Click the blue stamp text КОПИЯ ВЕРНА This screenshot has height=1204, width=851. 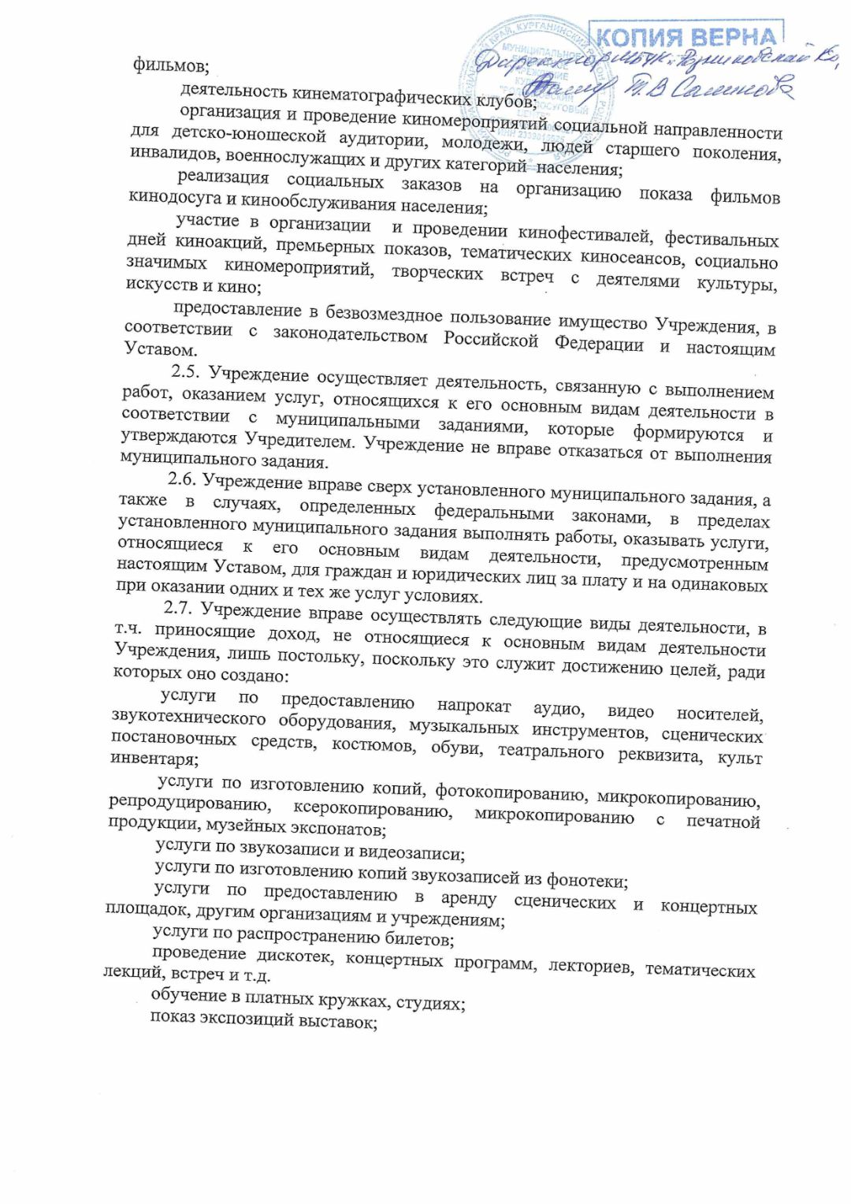pos(686,37)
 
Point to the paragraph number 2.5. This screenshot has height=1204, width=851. pos(186,371)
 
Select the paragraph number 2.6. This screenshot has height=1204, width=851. pos(181,479)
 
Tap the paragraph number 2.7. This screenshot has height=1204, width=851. pos(178,608)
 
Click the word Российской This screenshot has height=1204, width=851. pos(490,340)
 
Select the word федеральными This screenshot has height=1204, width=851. pos(493,513)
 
